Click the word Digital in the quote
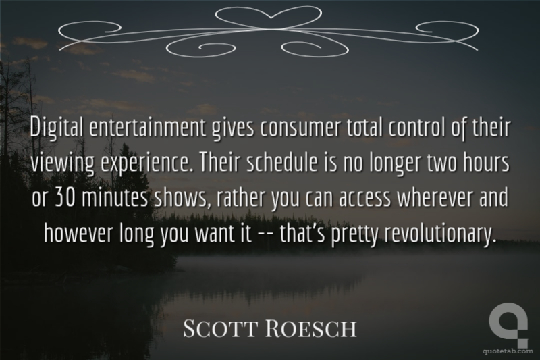pyautogui.click(x=57, y=128)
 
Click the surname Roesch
pyautogui.click(x=311, y=328)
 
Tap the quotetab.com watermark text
pyautogui.click(x=508, y=351)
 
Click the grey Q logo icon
pyautogui.click(x=508, y=324)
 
